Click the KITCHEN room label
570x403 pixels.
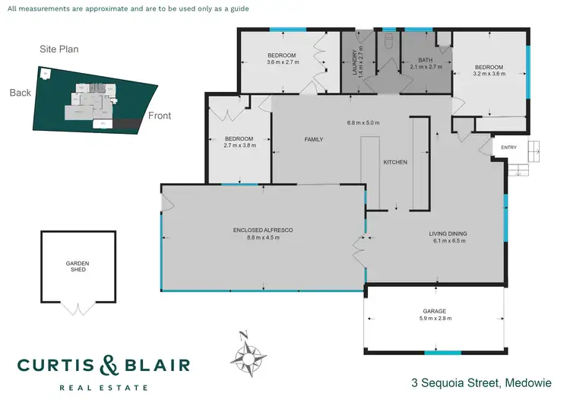click(395, 163)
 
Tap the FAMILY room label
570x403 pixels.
click(314, 140)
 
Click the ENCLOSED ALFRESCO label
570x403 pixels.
click(263, 230)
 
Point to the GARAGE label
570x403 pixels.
click(435, 311)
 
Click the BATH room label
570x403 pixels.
click(426, 61)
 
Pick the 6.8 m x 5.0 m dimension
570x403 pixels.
click(363, 122)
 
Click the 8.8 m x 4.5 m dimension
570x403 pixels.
click(263, 238)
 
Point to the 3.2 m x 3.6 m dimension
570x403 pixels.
click(489, 75)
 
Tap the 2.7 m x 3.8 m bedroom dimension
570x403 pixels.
click(238, 144)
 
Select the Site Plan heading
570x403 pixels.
click(59, 49)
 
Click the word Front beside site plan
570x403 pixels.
click(159, 116)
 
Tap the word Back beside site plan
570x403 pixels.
click(20, 93)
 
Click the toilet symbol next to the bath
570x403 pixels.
click(388, 41)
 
